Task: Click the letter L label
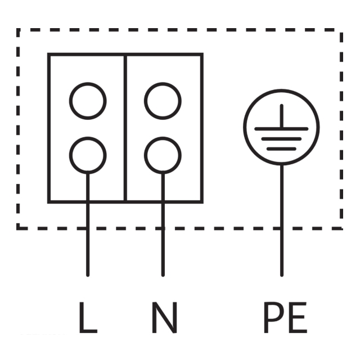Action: pyautogui.click(x=88, y=317)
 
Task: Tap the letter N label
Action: pyautogui.click(x=164, y=317)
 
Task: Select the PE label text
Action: pyautogui.click(x=285, y=317)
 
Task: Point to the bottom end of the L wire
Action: pyautogui.click(x=88, y=275)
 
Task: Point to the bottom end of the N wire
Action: pyautogui.click(x=163, y=275)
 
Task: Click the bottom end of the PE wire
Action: pyautogui.click(x=282, y=275)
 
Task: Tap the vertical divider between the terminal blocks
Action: pyautogui.click(x=125, y=128)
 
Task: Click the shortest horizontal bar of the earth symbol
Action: pyautogui.click(x=281, y=149)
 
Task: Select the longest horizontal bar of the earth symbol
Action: pyautogui.click(x=281, y=129)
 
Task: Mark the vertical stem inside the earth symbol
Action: pyautogui.click(x=282, y=116)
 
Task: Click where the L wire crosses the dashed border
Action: pyautogui.click(x=88, y=228)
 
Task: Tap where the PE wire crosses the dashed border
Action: pyautogui.click(x=282, y=228)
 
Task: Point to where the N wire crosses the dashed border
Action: pyautogui.click(x=163, y=228)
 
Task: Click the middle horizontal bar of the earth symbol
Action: pyautogui.click(x=281, y=139)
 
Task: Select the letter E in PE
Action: pyautogui.click(x=298, y=317)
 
